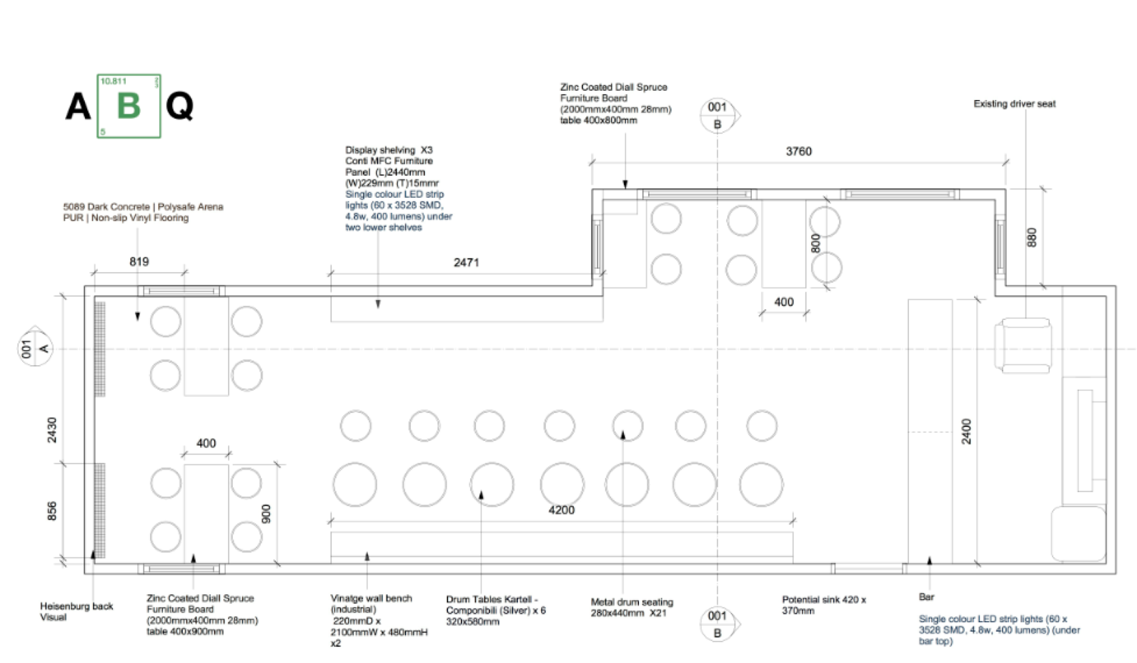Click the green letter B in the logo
(129, 106)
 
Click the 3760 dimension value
(798, 152)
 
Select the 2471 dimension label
(466, 262)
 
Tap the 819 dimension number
(139, 261)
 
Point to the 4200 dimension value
(561, 510)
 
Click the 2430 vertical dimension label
(52, 430)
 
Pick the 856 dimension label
(52, 511)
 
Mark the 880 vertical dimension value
(1031, 237)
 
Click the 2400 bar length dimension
(966, 431)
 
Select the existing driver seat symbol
(1023, 346)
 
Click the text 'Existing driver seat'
(1014, 104)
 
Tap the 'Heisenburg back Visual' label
(76, 611)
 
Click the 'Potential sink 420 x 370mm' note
(823, 605)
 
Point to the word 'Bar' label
(926, 597)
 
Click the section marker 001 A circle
(35, 349)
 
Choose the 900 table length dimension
(266, 514)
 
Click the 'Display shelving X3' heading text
(389, 150)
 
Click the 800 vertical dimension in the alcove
(816, 243)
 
